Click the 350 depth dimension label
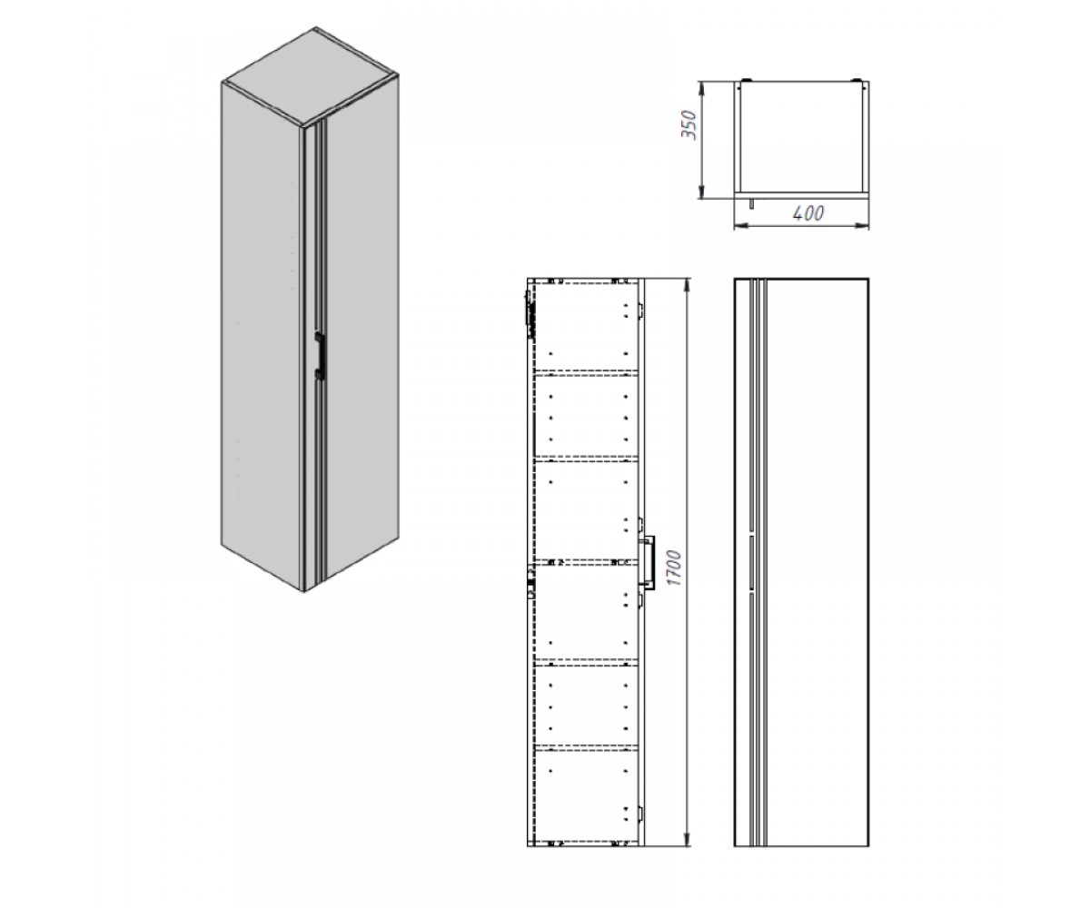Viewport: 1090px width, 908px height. (690, 124)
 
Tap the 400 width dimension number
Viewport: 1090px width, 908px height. (808, 212)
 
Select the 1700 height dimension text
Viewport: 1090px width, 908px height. (675, 567)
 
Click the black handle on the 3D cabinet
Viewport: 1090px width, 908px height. (320, 355)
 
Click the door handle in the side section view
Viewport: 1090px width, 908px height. (649, 562)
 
